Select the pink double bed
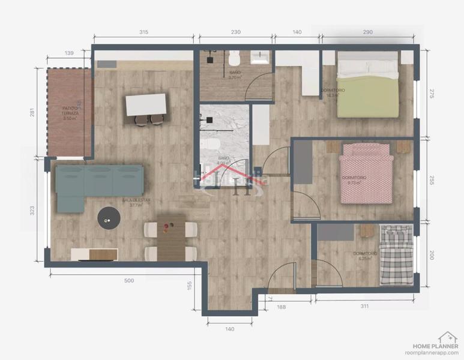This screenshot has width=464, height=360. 366,178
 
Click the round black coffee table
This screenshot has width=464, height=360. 109,218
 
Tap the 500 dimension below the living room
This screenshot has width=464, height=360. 129,280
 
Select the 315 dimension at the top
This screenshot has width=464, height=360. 143,32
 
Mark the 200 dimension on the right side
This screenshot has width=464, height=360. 431,254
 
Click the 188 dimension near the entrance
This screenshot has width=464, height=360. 281,307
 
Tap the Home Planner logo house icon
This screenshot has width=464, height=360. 447,337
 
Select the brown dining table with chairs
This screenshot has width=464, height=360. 171,237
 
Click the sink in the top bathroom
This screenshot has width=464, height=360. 261,57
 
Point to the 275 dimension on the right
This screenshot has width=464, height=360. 431,93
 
